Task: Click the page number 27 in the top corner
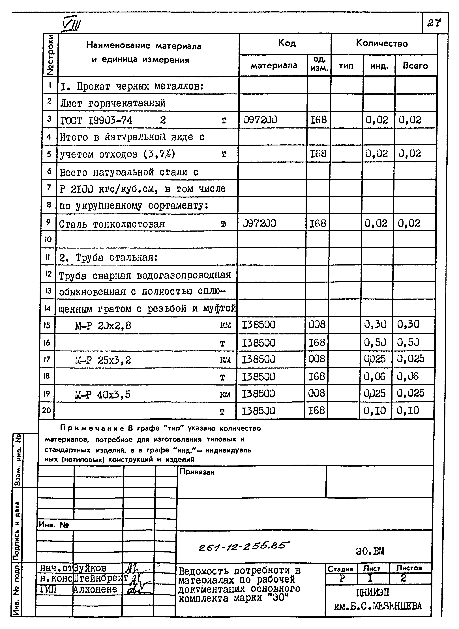tap(434, 23)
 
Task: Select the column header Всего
tap(415, 66)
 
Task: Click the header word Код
tap(287, 43)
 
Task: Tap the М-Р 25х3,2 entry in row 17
tap(103, 360)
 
